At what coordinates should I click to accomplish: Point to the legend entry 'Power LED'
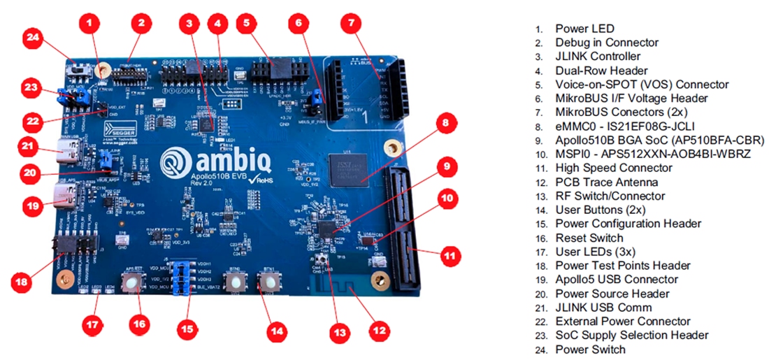584,29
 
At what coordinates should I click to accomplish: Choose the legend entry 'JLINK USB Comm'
603,308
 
